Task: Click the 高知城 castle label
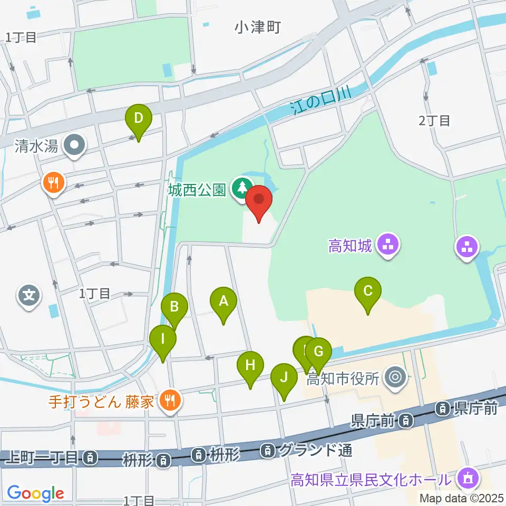[351, 246]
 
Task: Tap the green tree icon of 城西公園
[242, 187]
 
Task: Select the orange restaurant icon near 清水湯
[53, 183]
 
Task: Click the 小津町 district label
[258, 27]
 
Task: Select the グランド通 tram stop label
[315, 450]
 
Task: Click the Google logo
[35, 493]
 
